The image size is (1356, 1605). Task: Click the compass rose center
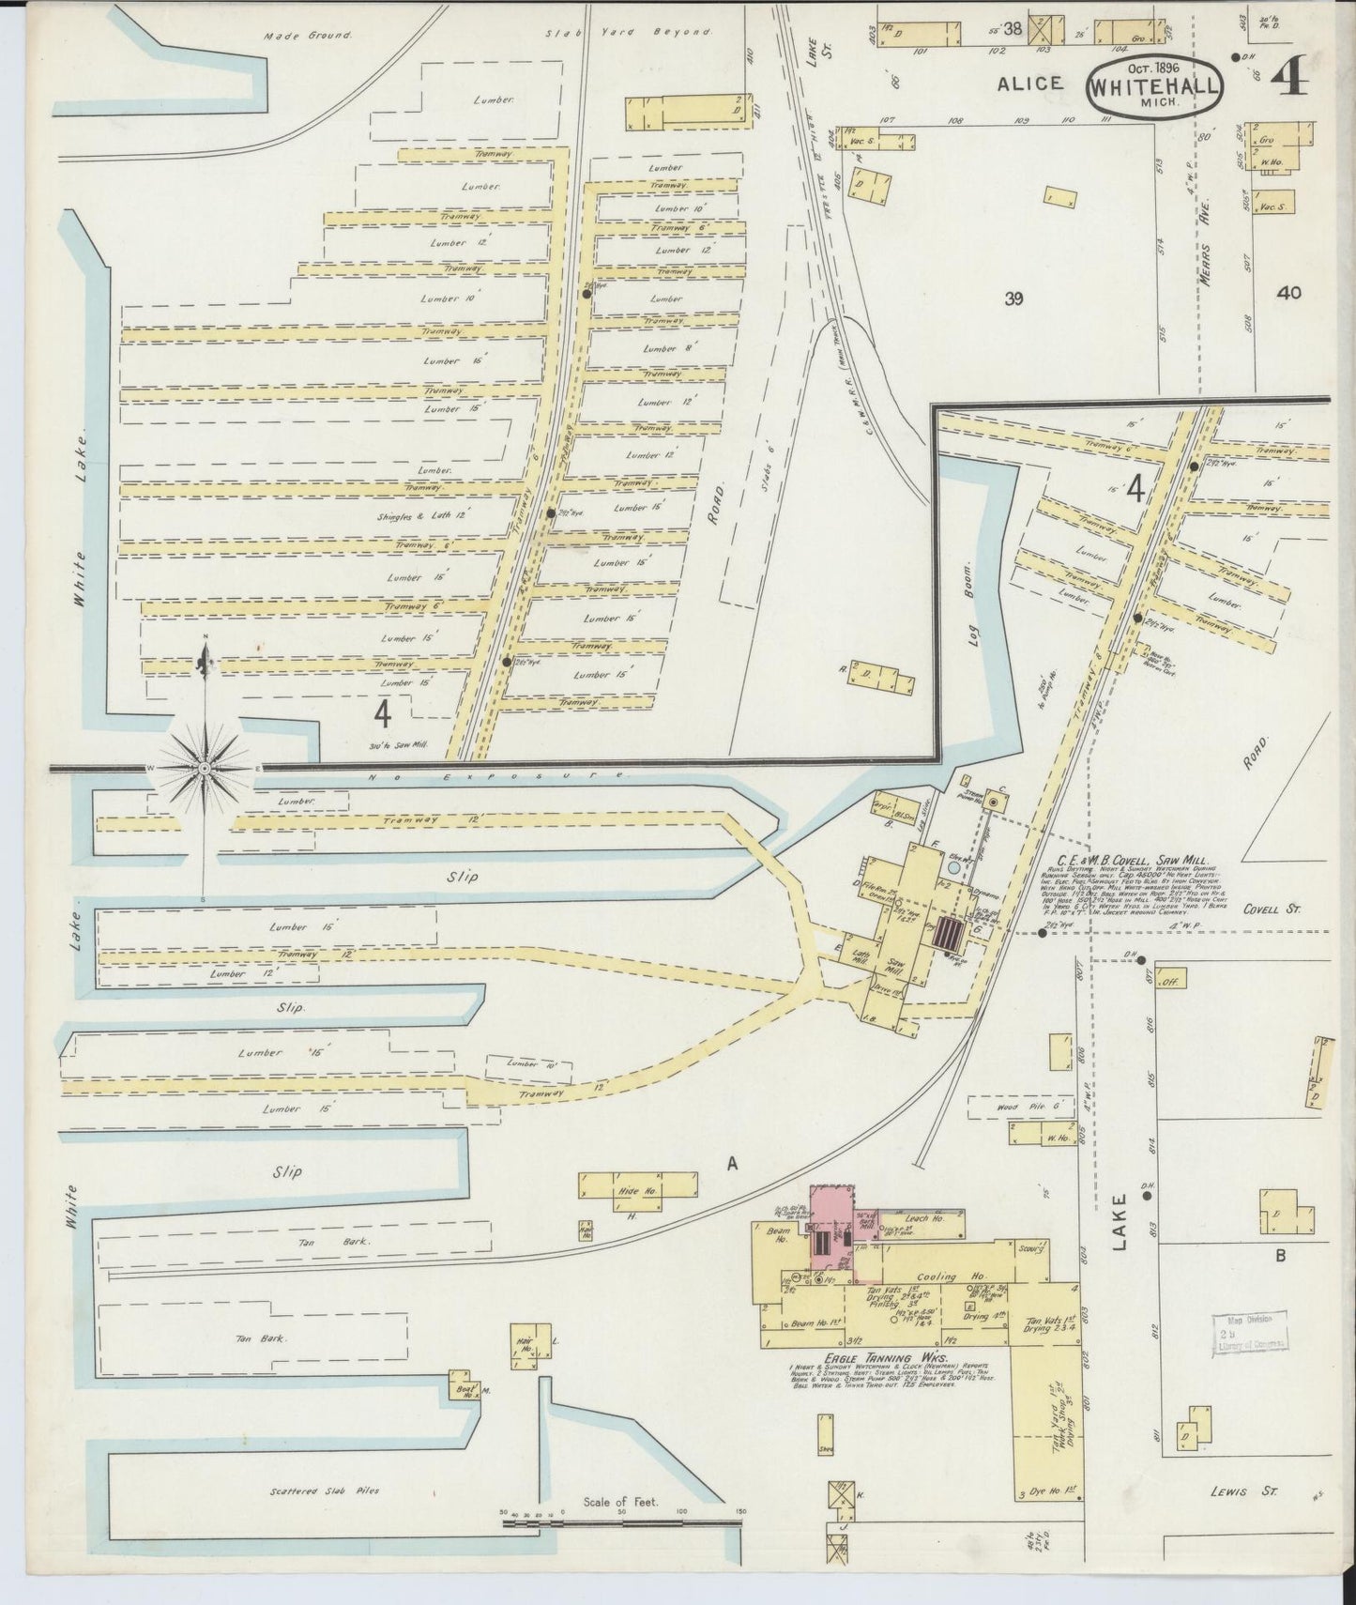click(205, 768)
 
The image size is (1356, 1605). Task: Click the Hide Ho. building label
click(636, 1191)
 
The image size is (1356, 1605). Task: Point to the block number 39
click(1013, 299)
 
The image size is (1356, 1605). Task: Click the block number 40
click(1288, 293)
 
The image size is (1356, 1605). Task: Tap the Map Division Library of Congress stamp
click(1252, 1331)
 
